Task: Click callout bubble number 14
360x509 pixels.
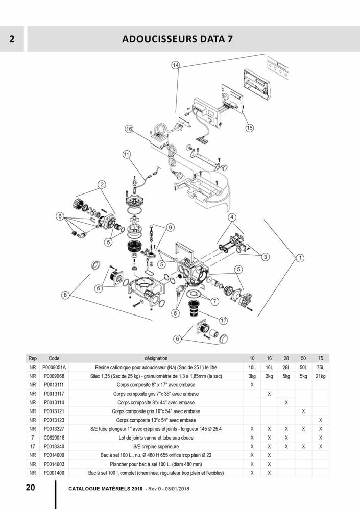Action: (x=175, y=65)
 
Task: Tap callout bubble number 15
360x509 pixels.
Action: (x=249, y=128)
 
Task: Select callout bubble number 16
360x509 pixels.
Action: (x=129, y=130)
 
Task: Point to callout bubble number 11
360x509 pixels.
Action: (x=126, y=154)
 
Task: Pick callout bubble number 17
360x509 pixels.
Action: (x=223, y=321)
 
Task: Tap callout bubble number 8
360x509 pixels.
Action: (x=65, y=295)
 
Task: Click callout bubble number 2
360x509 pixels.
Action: (x=102, y=184)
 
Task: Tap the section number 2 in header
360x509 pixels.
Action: (x=11, y=39)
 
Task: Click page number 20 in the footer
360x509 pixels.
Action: (x=31, y=487)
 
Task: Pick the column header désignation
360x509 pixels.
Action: (x=156, y=358)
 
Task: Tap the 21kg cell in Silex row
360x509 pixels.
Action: (x=320, y=376)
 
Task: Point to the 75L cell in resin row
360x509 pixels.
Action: (x=320, y=367)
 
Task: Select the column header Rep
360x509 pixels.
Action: (x=33, y=358)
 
